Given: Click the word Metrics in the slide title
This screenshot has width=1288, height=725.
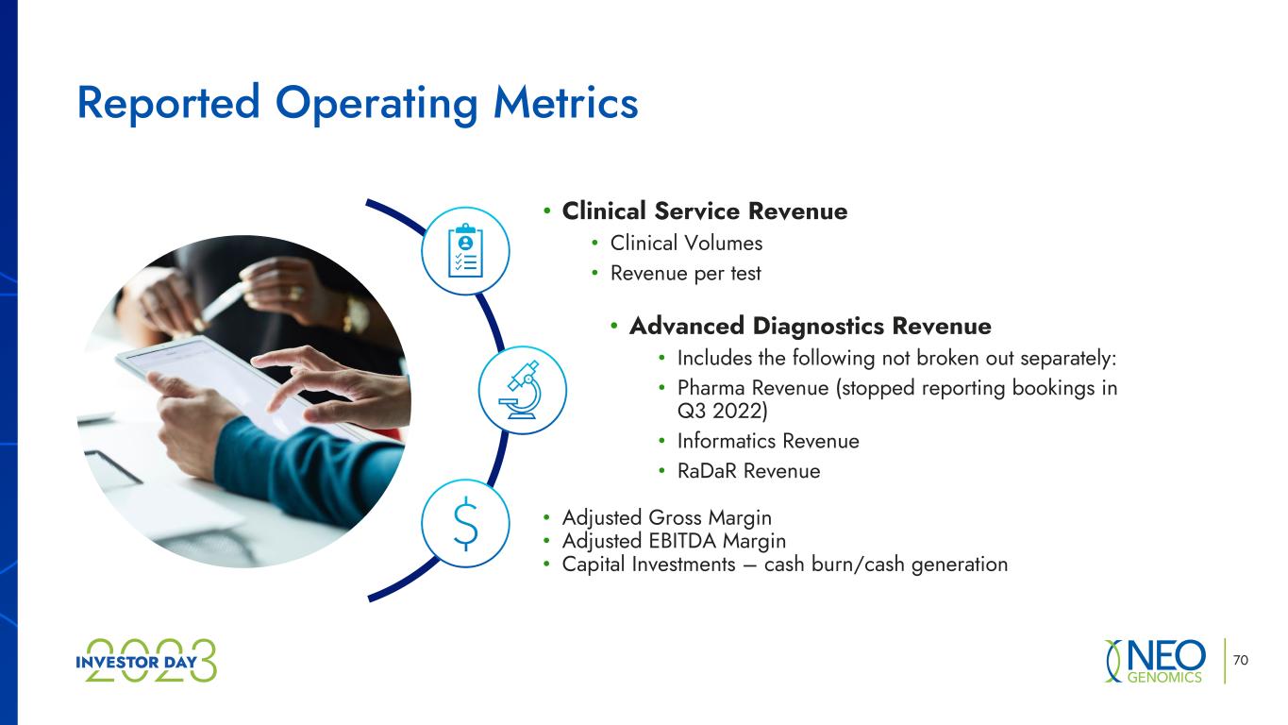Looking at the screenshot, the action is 565,103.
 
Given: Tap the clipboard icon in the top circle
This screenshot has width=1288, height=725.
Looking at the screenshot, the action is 465,251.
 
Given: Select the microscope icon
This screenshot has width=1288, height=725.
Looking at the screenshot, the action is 522,390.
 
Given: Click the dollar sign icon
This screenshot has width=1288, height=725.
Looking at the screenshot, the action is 465,523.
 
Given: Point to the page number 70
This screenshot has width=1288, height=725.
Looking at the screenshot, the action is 1240,660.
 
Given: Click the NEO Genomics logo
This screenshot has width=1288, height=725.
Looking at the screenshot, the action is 1155,661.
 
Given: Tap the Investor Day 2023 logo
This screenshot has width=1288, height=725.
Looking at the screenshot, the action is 146,661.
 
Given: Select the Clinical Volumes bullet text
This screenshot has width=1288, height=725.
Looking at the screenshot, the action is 686,243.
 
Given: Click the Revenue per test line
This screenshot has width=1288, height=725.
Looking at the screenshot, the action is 685,274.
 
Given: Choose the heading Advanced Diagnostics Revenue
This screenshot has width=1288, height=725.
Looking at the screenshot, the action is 811,327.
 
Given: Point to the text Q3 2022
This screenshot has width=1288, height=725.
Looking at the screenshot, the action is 720,411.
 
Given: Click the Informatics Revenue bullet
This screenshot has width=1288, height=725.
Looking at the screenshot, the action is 768,441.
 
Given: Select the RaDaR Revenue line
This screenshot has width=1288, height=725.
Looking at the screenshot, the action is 748,471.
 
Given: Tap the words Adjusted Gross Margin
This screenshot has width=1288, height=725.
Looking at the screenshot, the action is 667,518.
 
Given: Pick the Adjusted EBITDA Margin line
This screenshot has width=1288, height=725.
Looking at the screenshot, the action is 674,541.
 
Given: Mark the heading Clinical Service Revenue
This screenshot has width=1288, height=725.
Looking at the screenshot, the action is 704,211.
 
